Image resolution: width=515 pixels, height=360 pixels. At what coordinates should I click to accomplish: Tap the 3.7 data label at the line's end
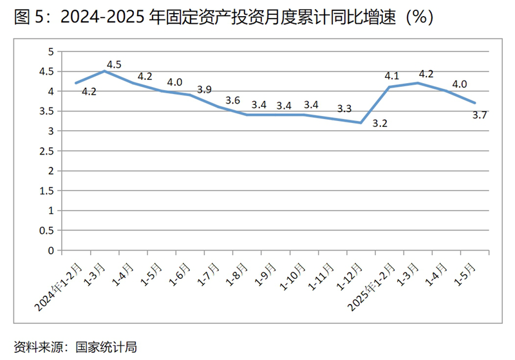tap(479, 115)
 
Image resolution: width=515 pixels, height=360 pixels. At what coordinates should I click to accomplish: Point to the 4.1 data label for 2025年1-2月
tap(392, 75)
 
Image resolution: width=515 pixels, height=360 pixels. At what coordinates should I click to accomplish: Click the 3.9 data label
tap(204, 90)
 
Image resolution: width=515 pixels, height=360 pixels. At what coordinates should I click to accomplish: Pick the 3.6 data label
tap(232, 100)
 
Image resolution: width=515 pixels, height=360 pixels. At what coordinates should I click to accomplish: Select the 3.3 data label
tap(344, 108)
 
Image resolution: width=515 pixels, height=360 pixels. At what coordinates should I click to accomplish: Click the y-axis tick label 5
tap(50, 52)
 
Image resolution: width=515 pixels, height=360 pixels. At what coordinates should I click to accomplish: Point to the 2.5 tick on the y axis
tap(46, 151)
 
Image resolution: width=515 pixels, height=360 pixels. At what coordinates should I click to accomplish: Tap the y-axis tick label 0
tap(50, 251)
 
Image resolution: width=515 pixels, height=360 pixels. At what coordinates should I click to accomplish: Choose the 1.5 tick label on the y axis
tap(46, 191)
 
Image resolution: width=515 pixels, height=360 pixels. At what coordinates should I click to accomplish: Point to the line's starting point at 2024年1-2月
tap(76, 83)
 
